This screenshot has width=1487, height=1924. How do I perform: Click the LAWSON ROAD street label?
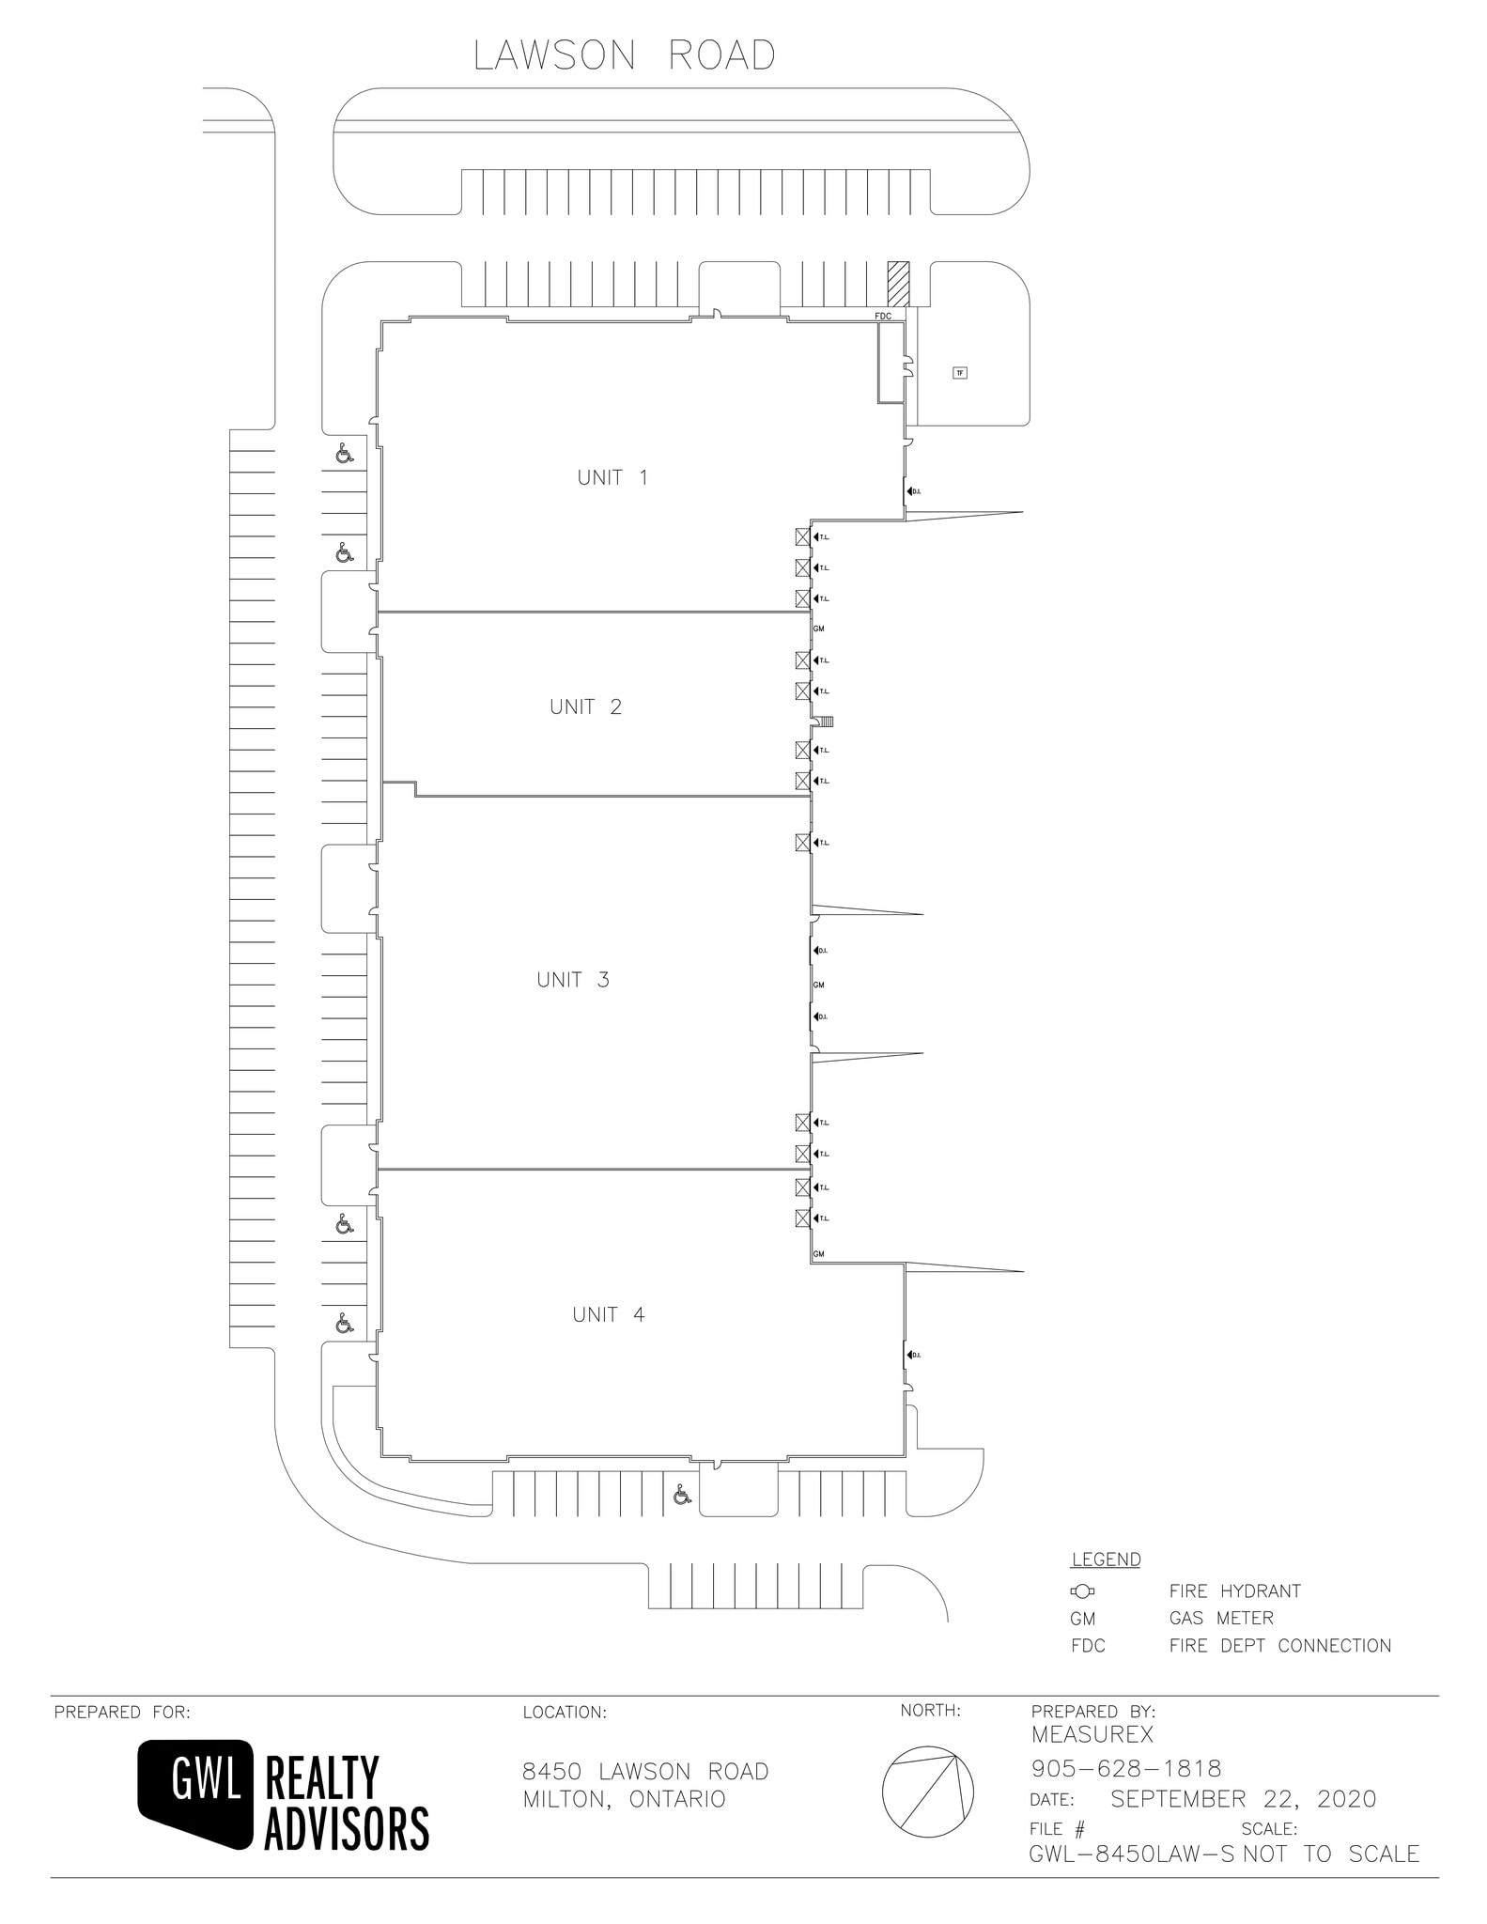[625, 56]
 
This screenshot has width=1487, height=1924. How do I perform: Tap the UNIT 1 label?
[612, 477]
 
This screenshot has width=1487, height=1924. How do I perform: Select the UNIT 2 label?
[585, 706]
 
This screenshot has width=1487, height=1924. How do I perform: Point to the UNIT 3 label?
[573, 980]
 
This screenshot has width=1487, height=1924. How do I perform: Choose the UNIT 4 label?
[609, 1314]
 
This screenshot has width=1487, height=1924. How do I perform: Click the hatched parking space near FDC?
[900, 284]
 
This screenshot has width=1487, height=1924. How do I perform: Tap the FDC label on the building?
[883, 317]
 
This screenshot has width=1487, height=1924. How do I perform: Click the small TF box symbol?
[959, 373]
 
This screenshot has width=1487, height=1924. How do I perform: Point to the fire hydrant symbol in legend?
[1082, 1591]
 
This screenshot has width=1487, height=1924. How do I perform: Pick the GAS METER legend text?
[1221, 1619]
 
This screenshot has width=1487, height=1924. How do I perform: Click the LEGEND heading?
[1106, 1560]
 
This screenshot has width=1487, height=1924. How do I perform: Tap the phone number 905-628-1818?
[1126, 1769]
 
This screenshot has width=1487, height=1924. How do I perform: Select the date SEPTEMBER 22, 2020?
[1243, 1799]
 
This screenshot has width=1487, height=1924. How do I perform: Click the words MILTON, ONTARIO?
[624, 1799]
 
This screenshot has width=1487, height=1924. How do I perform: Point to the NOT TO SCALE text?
[1331, 1854]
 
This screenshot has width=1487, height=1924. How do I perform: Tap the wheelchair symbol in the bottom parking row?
[682, 1494]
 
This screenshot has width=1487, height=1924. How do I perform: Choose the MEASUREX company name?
[1092, 1735]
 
